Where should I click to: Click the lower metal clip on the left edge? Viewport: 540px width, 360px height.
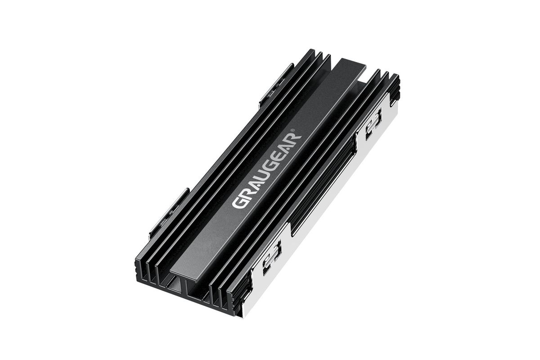point(169,212)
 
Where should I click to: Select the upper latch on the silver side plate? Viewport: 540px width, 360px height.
point(373,124)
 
